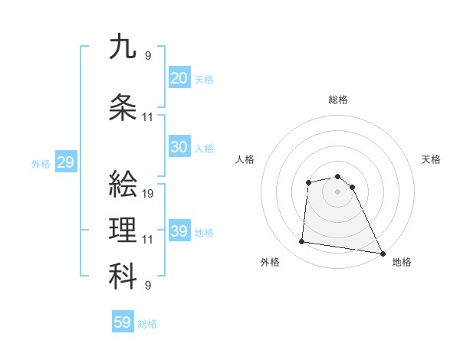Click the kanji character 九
123,47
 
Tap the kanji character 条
123,108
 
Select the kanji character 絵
123,184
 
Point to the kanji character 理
123,230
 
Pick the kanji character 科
123,277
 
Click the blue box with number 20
179,78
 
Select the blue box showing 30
179,147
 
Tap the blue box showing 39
179,231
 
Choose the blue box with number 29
65,162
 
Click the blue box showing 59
122,322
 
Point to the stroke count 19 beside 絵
149,194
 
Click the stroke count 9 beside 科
148,286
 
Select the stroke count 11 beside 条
148,117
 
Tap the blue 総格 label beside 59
147,324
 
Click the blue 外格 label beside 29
40,163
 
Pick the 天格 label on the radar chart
431,159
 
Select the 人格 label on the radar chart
245,159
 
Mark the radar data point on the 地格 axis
382,254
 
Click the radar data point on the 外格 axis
302,242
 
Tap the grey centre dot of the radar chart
337,191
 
